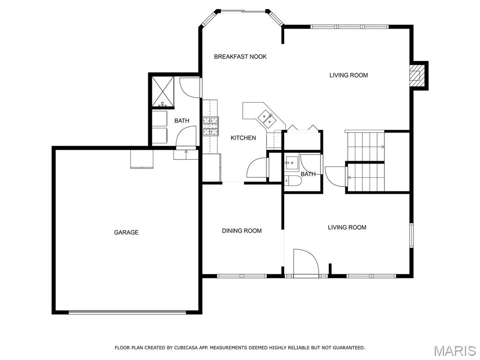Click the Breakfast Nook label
[x=240, y=57]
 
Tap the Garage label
[x=126, y=232]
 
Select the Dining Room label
[x=241, y=231]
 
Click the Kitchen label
[x=243, y=138]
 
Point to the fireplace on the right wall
[x=418, y=75]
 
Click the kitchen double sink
[x=266, y=120]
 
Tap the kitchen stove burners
[x=211, y=126]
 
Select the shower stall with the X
[x=163, y=91]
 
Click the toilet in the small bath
[x=293, y=181]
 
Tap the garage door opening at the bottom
[x=127, y=312]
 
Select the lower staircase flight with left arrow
[x=366, y=177]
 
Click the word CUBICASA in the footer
[x=185, y=347]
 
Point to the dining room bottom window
[x=242, y=276]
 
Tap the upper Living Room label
[x=348, y=75]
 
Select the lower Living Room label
[x=347, y=227]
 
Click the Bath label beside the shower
[x=181, y=121]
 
